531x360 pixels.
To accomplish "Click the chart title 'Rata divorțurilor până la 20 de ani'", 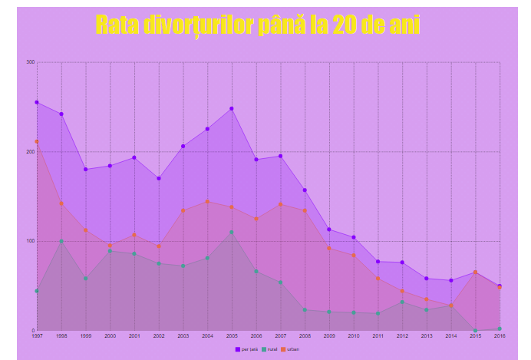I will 258,25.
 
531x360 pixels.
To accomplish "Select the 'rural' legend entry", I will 269,349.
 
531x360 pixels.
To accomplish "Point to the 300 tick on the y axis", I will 31,62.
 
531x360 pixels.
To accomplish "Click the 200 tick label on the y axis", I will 31,152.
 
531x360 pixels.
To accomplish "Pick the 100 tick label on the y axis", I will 31,241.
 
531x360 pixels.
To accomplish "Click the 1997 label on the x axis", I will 37,336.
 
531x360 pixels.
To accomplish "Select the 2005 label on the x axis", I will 232,336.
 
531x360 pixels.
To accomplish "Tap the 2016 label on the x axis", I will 500,336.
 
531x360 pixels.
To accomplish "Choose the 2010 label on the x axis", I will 354,336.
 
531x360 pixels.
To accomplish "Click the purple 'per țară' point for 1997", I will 37,102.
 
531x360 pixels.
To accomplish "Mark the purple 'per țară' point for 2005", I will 232,108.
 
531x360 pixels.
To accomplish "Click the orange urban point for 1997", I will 37,141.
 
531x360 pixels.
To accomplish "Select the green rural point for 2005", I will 232,232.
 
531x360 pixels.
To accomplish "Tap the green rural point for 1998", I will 61,241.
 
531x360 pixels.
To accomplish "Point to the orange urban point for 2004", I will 207,202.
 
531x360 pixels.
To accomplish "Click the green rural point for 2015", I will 476,330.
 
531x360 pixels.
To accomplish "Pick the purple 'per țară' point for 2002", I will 159,178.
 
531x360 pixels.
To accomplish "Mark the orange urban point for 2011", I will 378,279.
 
